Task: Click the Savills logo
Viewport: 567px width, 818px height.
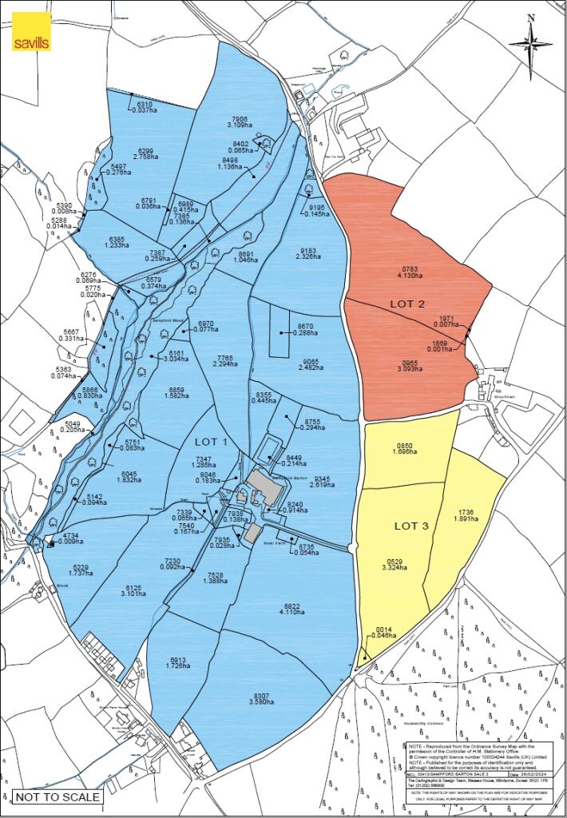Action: pyautogui.click(x=32, y=33)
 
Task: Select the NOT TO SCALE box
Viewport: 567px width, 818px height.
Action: pyautogui.click(x=57, y=796)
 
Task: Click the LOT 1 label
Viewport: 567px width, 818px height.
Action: pyautogui.click(x=212, y=443)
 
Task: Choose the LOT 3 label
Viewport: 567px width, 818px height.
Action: pyautogui.click(x=414, y=526)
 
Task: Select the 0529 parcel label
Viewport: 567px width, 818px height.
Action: pyautogui.click(x=394, y=561)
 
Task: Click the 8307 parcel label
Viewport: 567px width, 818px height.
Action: pyautogui.click(x=255, y=693)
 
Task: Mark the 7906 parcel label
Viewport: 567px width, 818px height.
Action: pyautogui.click(x=241, y=117)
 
